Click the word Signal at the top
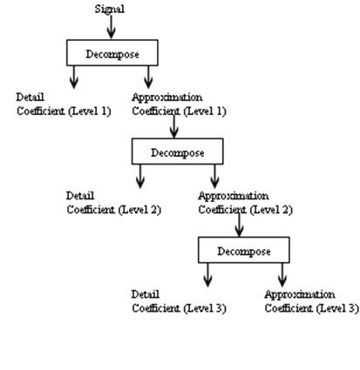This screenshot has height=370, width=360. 110,9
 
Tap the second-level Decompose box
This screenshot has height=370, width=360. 177,152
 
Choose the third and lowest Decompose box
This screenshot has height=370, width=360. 243,252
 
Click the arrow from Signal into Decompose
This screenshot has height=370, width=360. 111,28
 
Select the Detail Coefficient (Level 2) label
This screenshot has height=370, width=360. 113,202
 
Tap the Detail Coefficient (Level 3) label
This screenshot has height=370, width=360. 179,301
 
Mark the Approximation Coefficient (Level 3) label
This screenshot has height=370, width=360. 310,301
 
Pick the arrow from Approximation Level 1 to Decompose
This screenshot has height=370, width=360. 174,128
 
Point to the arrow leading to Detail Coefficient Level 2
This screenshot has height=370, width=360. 140,176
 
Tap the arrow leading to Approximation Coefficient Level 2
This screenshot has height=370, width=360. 214,176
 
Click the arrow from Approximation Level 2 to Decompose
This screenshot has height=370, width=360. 239,226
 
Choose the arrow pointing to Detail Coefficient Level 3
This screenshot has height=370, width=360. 207,275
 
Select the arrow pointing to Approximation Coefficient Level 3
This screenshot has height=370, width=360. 282,275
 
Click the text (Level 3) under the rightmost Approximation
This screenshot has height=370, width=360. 336,308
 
